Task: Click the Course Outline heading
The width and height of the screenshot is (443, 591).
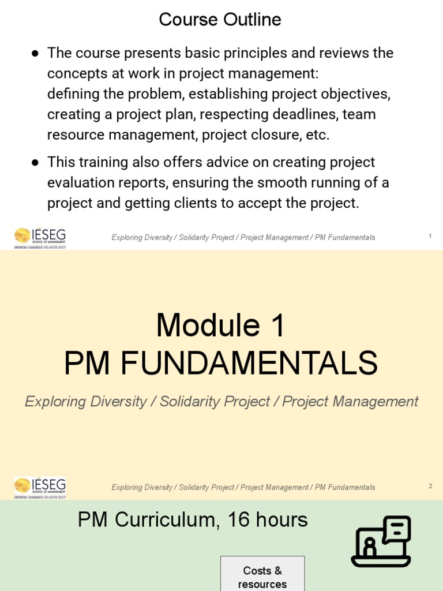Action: (x=220, y=20)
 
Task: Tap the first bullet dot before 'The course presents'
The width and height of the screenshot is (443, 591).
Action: (x=35, y=53)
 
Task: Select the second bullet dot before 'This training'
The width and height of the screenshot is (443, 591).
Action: (x=35, y=162)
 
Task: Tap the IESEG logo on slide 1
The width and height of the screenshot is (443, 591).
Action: (x=40, y=237)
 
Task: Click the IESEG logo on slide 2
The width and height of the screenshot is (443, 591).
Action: (x=40, y=487)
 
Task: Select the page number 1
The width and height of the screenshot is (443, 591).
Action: (x=430, y=236)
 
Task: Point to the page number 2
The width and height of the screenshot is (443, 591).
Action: (x=430, y=486)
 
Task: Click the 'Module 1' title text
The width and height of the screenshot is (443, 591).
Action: (x=220, y=326)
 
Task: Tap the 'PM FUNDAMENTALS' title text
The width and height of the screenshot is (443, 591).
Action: (x=220, y=364)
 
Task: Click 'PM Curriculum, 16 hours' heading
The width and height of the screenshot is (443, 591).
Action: (x=193, y=520)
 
